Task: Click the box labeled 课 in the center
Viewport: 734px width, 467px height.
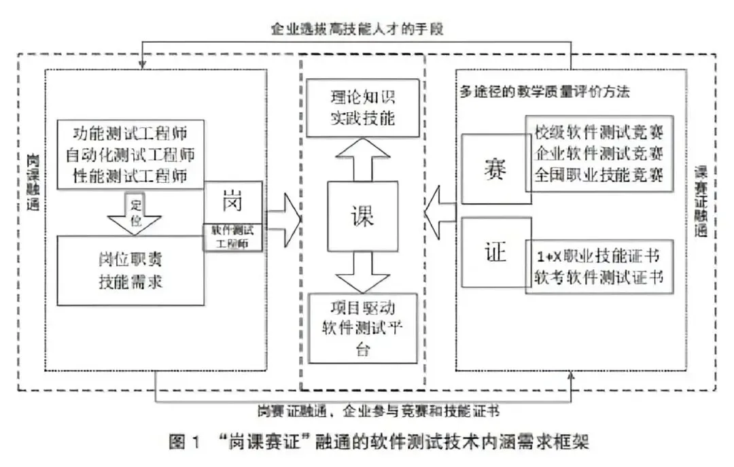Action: point(362,216)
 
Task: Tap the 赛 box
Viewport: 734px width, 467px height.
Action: point(493,168)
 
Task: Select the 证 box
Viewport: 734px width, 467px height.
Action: point(493,253)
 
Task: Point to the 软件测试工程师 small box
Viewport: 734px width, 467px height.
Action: point(232,237)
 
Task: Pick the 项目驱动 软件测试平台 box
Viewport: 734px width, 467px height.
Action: point(362,327)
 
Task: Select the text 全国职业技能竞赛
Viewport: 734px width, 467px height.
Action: point(599,175)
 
